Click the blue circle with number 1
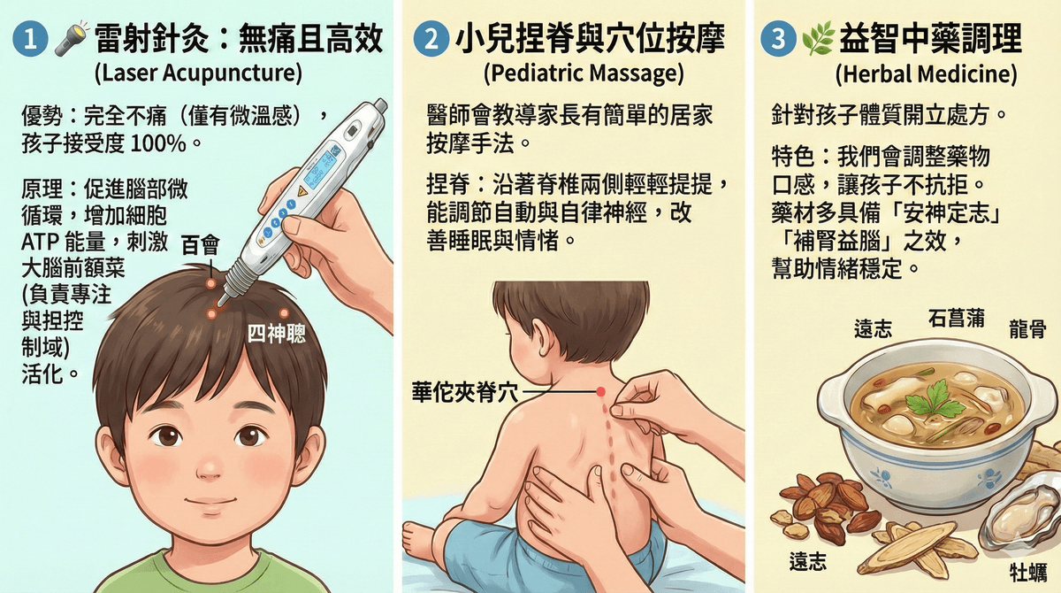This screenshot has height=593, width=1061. tap(30, 39)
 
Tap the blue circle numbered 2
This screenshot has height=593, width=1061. tap(431, 39)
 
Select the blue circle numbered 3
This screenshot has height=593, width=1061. tap(778, 39)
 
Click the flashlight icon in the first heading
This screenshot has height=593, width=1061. tap(72, 37)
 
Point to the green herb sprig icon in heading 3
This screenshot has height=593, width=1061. tap(818, 38)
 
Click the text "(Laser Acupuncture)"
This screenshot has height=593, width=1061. tap(198, 73)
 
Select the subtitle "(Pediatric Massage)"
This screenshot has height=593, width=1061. tap(584, 73)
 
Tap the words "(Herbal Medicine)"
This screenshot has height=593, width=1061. tap(926, 74)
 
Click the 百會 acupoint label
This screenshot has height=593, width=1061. tap(201, 245)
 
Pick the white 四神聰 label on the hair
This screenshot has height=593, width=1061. tap(277, 334)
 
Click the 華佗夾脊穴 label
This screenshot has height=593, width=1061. tap(465, 392)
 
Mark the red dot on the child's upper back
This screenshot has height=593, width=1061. tap(600, 391)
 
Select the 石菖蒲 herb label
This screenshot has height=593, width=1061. tap(957, 319)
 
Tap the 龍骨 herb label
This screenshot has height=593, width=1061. tap(1027, 328)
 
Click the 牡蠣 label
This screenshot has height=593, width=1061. tap(1028, 572)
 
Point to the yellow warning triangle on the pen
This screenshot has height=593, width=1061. tap(302, 191)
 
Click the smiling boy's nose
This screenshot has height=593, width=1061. tap(210, 467)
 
